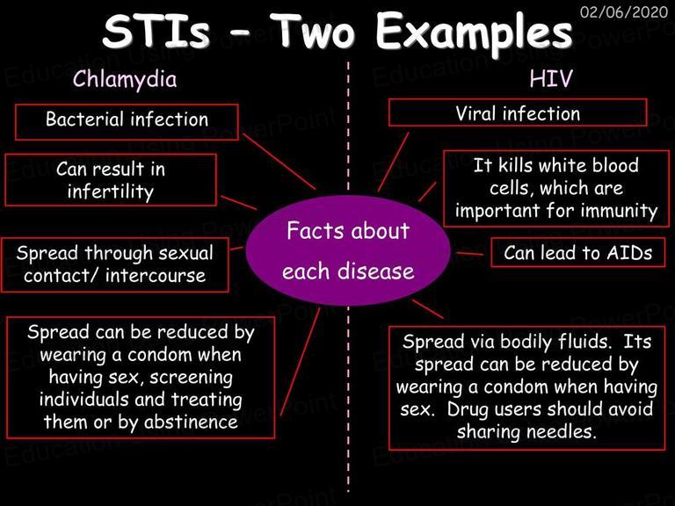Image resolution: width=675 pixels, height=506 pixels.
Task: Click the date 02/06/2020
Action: (623, 11)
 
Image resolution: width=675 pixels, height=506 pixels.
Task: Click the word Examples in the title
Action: (474, 32)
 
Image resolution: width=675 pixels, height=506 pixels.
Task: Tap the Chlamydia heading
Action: (125, 80)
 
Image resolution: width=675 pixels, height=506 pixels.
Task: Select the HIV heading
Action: (550, 78)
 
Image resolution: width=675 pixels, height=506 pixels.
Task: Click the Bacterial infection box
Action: (127, 122)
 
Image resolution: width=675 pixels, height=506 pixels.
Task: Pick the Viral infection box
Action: (518, 112)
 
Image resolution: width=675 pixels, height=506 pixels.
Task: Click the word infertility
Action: (111, 192)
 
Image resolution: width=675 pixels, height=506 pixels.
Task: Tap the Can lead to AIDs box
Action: (577, 253)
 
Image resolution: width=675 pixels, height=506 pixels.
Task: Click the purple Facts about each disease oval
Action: (348, 251)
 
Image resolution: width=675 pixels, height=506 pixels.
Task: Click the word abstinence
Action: (191, 422)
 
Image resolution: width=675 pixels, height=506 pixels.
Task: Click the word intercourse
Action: (156, 276)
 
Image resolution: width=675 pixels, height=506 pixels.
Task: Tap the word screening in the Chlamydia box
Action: (191, 378)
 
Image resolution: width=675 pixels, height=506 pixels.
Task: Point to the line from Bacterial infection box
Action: (279, 162)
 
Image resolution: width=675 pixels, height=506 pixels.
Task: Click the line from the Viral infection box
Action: (393, 162)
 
